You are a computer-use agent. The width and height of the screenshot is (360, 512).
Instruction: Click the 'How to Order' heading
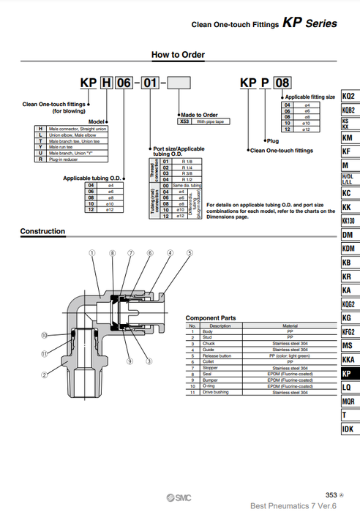[178, 55]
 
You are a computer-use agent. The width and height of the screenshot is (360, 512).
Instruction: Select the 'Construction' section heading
[42, 232]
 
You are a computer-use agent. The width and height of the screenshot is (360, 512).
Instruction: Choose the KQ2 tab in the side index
[350, 97]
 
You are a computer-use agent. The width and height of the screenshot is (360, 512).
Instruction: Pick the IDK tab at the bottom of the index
[350, 429]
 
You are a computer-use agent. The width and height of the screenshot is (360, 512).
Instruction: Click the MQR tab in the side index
[350, 401]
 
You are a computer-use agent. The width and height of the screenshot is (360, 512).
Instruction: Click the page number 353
[332, 494]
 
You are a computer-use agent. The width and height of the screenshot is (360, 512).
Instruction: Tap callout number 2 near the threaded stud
[45, 376]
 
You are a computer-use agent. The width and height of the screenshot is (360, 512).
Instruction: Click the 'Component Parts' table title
[210, 318]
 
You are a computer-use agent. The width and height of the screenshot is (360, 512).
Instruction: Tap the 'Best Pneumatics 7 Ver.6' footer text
[293, 505]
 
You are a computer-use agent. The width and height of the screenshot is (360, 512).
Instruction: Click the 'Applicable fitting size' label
[310, 97]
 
